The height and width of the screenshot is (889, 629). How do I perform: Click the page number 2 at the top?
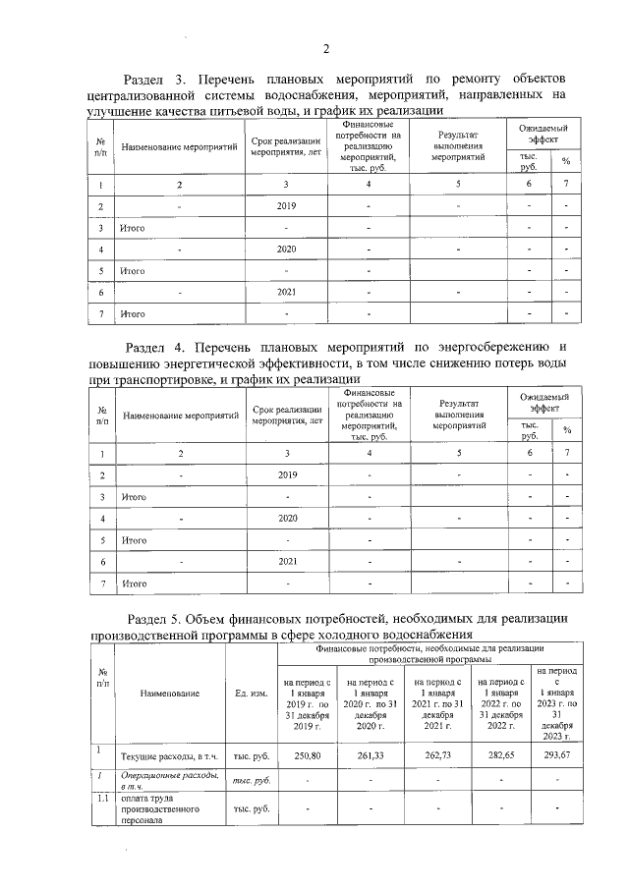[x=325, y=50]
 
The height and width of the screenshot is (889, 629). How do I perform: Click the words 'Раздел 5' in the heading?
[x=157, y=618]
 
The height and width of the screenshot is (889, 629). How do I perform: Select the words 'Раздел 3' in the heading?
[x=151, y=79]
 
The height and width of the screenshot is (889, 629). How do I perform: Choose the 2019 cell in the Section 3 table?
[x=286, y=206]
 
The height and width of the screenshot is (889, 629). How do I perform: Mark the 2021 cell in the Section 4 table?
[x=288, y=561]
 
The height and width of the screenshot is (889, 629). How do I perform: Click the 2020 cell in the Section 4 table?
[x=288, y=518]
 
